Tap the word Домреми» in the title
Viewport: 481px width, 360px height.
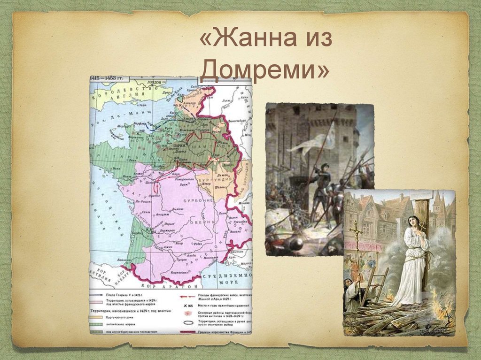click(x=264, y=70)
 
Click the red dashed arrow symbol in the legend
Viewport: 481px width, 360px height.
click(x=188, y=297)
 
